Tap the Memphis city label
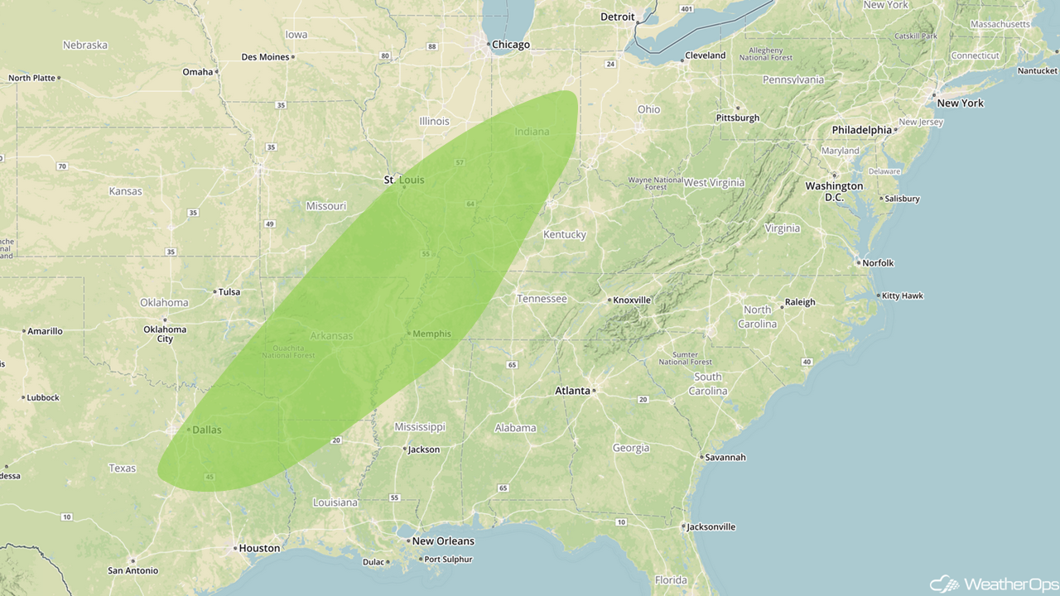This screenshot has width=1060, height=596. click(x=431, y=334)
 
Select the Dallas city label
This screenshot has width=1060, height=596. click(x=206, y=430)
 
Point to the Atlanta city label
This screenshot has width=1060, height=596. click(x=572, y=391)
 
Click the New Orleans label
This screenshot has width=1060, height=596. click(x=443, y=541)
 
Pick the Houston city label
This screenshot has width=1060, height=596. click(x=258, y=548)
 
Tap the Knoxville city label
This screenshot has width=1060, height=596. click(x=633, y=300)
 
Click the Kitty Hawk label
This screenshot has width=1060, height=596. click(x=903, y=296)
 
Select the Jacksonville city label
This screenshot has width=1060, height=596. click(x=711, y=526)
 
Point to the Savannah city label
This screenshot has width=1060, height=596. click(x=725, y=457)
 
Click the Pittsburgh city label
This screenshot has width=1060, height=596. click(x=737, y=118)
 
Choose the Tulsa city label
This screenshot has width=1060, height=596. click(x=229, y=291)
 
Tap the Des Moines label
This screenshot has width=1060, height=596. click(x=265, y=57)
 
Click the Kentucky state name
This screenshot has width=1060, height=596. click(x=564, y=234)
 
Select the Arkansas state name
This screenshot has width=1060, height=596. click(x=331, y=335)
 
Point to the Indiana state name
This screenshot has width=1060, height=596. click(x=532, y=132)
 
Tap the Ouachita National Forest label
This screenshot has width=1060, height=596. click(x=288, y=351)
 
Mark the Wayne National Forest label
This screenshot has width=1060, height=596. click(x=655, y=183)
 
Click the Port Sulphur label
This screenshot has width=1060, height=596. click(x=448, y=560)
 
